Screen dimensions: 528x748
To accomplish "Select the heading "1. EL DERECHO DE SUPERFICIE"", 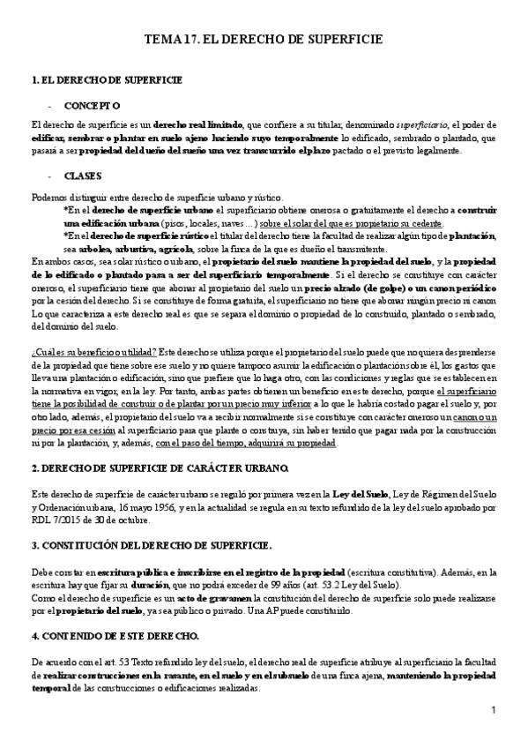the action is [107, 80].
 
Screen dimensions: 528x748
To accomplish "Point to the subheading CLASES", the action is [83, 176].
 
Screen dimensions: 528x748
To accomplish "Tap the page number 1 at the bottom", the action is [495, 710].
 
